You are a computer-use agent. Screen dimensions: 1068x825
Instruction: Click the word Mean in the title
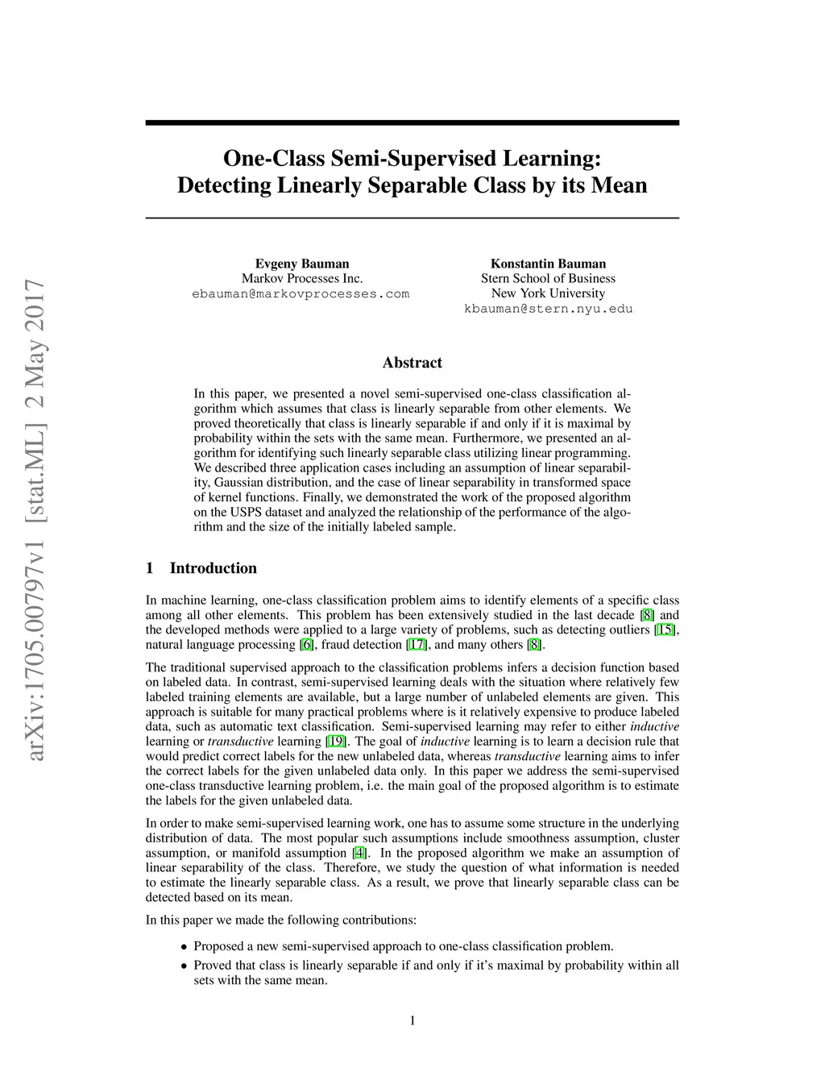click(x=619, y=185)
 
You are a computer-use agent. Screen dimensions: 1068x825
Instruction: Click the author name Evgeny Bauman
click(x=302, y=264)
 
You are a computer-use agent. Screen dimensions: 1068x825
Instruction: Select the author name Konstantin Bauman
click(x=548, y=264)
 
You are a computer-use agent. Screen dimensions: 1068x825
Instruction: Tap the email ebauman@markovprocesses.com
click(x=301, y=294)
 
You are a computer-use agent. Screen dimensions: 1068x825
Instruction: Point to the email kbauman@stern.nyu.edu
click(x=548, y=309)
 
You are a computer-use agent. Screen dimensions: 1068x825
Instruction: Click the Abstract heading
click(x=412, y=363)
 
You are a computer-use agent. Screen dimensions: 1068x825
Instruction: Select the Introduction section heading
click(x=213, y=568)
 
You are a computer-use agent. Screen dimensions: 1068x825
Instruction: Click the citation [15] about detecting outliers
click(x=665, y=630)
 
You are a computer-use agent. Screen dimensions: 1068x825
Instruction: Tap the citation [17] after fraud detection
click(x=417, y=645)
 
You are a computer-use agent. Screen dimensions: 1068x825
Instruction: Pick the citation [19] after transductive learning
click(x=336, y=742)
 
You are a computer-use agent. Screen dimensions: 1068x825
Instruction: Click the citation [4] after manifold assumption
click(x=359, y=853)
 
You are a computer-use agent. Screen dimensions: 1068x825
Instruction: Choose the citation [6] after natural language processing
click(x=306, y=645)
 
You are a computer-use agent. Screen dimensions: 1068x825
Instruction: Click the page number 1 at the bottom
click(x=412, y=1021)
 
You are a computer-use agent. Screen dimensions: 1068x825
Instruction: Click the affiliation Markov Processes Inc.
click(x=302, y=279)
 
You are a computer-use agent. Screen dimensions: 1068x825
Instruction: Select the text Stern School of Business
click(x=548, y=279)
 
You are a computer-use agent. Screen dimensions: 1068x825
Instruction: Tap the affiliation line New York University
click(x=548, y=293)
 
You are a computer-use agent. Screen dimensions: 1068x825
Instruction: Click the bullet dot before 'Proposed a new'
click(x=184, y=947)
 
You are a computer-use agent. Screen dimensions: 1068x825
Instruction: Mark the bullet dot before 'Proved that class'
click(x=184, y=966)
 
